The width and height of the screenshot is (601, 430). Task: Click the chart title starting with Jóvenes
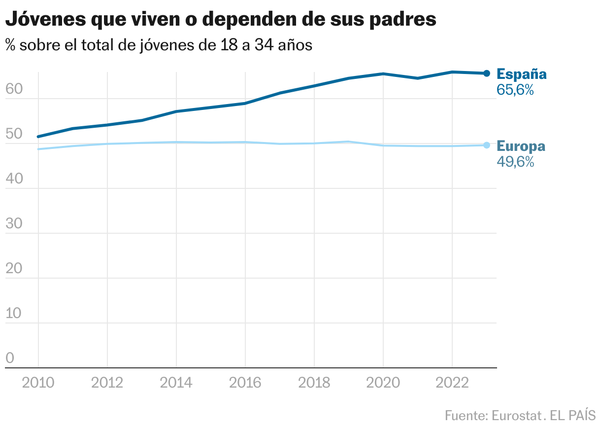tap(220, 20)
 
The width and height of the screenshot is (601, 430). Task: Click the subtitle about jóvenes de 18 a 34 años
tap(159, 45)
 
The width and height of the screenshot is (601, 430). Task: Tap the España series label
tap(522, 74)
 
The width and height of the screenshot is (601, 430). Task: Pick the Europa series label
tap(521, 146)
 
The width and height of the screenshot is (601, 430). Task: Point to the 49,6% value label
tap(515, 162)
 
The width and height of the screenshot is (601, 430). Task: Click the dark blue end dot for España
tap(487, 73)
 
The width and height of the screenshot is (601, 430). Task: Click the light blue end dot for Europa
tap(487, 145)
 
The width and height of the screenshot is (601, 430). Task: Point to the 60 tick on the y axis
tap(14, 89)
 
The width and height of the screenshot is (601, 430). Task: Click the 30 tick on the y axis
tap(14, 224)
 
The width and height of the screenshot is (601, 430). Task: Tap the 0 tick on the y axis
tap(10, 358)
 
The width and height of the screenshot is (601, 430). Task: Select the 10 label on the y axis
tap(14, 314)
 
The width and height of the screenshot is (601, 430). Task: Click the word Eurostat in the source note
tap(516, 415)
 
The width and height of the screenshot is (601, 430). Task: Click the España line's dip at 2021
tap(418, 78)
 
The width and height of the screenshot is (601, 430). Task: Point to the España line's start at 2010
tap(38, 137)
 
